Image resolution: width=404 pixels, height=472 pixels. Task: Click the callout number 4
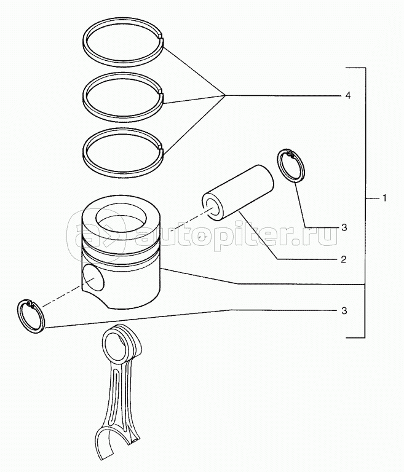(x=348, y=96)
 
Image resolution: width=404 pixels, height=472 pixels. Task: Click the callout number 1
(x=384, y=199)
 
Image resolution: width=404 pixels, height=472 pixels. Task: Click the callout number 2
(x=344, y=259)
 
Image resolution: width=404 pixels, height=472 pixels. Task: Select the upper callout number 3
(x=344, y=227)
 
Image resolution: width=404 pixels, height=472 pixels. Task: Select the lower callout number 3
(x=344, y=311)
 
